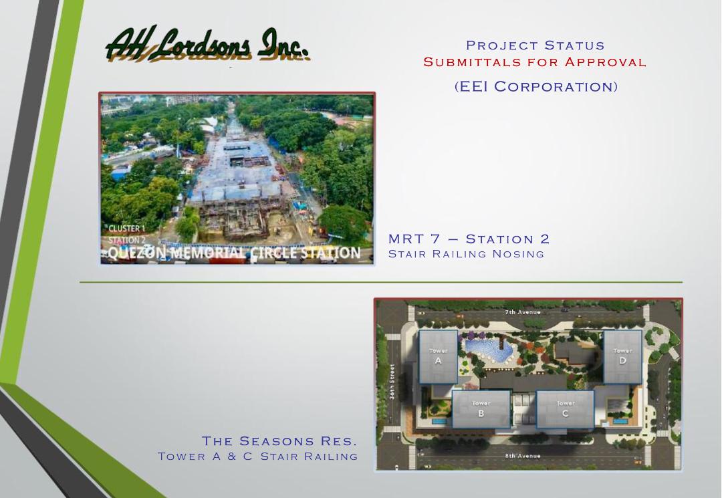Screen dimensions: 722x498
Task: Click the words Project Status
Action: tap(535, 45)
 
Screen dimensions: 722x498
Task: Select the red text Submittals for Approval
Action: tap(535, 61)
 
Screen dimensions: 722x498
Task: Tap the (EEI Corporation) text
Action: tap(536, 86)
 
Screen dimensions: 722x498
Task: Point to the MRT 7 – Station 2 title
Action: tap(469, 239)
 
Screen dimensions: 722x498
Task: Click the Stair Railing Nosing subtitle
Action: tap(466, 253)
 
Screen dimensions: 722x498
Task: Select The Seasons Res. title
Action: tap(279, 441)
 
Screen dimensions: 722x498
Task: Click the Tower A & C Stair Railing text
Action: tap(258, 456)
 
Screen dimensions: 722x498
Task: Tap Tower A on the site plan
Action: tap(438, 356)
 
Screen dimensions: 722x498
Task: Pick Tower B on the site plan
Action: tap(481, 408)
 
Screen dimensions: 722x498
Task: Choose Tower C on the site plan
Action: tap(566, 408)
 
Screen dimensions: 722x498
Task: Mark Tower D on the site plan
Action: tap(622, 356)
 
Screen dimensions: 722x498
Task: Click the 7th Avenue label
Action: tap(523, 312)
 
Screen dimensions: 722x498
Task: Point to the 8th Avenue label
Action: tap(523, 456)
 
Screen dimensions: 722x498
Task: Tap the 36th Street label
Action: tap(392, 382)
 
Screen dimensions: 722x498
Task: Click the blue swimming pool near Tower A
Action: tap(489, 351)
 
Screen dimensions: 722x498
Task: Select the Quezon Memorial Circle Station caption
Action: tap(235, 253)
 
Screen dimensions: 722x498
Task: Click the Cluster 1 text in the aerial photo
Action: tap(126, 229)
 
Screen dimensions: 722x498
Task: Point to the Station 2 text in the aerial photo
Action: tap(126, 240)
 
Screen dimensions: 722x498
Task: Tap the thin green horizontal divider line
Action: tap(381, 282)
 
